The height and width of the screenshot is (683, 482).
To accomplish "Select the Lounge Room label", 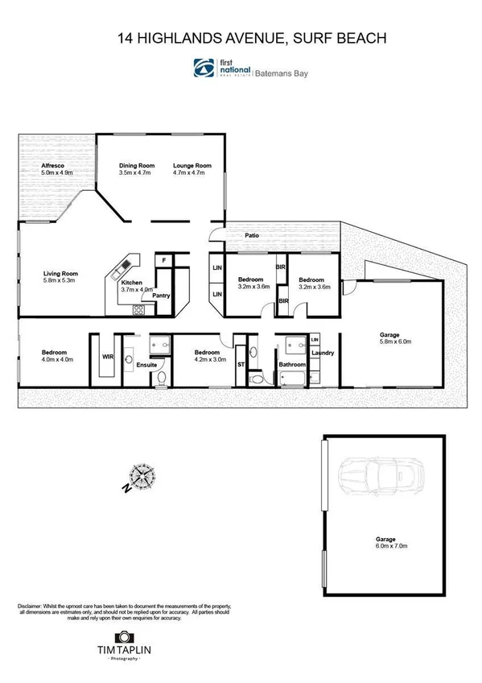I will tap(192, 165).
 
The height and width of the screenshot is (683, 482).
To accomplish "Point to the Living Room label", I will tap(60, 274).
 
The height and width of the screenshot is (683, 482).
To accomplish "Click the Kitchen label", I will tap(132, 284).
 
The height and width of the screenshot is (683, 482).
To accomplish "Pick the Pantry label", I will tap(160, 296).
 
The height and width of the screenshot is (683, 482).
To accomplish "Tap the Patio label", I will tap(253, 236).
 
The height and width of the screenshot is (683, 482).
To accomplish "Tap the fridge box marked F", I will tap(163, 260).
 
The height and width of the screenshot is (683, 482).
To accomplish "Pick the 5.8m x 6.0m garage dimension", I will tap(395, 341).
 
